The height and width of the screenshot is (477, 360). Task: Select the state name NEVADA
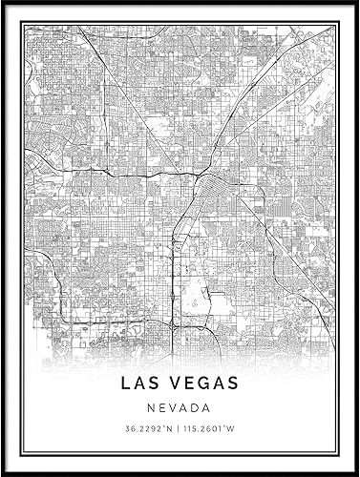click(x=180, y=409)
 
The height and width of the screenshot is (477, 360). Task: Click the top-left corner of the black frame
click(x=3, y=3)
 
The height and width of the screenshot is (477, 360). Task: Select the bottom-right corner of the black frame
click(x=356, y=473)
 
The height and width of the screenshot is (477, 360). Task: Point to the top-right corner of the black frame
click(x=356, y=3)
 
